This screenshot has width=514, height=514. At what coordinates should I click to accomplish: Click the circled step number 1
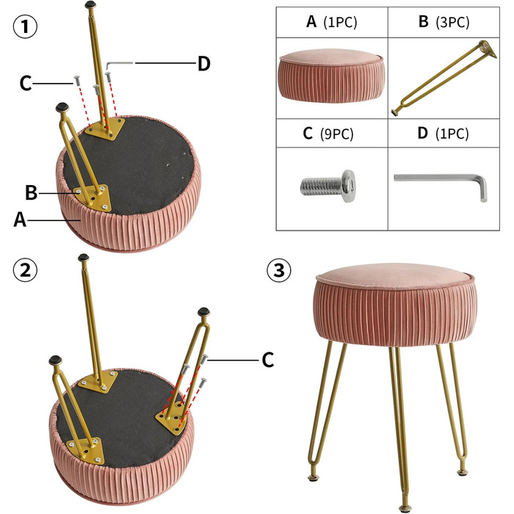click(x=25, y=26)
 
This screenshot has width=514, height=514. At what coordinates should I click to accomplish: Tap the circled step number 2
click(x=25, y=270)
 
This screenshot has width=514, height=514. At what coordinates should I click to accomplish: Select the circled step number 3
click(x=278, y=271)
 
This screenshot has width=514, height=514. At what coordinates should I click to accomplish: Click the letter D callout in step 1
click(x=203, y=64)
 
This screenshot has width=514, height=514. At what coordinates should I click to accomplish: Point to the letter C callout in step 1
click(x=26, y=83)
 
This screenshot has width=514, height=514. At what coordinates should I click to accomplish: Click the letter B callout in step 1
click(x=31, y=192)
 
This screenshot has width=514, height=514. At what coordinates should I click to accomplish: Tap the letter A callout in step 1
click(x=20, y=220)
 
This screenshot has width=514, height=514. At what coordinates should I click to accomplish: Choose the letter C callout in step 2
click(x=268, y=360)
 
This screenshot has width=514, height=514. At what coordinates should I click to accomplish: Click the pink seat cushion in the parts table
click(x=331, y=76)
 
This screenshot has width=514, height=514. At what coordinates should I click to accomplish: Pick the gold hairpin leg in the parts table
click(x=444, y=78)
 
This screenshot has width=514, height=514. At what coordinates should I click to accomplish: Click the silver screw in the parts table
click(x=327, y=186)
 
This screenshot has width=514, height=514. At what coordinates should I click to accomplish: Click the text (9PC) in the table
click(x=336, y=134)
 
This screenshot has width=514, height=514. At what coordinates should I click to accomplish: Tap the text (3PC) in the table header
click(x=452, y=22)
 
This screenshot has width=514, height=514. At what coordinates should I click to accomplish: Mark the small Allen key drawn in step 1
click(x=119, y=65)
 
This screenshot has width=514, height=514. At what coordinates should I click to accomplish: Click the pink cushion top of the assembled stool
click(x=395, y=275)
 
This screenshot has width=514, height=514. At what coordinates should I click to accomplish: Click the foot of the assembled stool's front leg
click(x=405, y=507)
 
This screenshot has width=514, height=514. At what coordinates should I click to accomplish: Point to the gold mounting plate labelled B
click(x=92, y=198)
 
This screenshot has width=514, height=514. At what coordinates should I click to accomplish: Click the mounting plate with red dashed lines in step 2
click(x=171, y=419)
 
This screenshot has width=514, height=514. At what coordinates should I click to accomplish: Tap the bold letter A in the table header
click(x=311, y=21)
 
